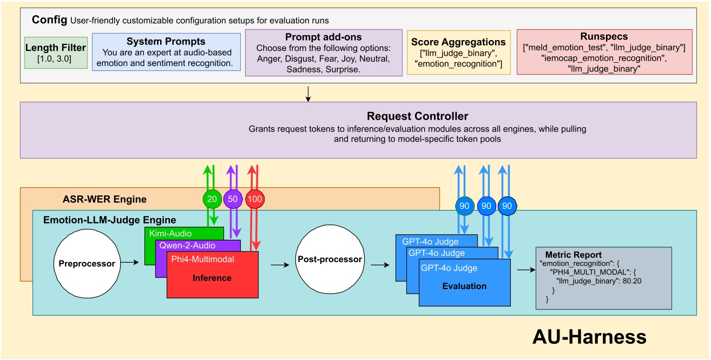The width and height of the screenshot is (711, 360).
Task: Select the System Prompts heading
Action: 166,42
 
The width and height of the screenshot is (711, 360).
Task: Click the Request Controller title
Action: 417,116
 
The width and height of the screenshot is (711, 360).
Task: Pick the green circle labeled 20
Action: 212,199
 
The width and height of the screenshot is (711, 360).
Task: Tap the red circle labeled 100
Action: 255,199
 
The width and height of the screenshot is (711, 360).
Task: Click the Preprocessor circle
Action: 87,264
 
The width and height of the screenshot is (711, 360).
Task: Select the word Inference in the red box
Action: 212,278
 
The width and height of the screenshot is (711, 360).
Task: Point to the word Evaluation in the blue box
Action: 464,286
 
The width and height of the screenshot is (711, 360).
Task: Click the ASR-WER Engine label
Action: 103,199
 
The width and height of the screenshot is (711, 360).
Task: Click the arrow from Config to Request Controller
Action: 307,94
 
